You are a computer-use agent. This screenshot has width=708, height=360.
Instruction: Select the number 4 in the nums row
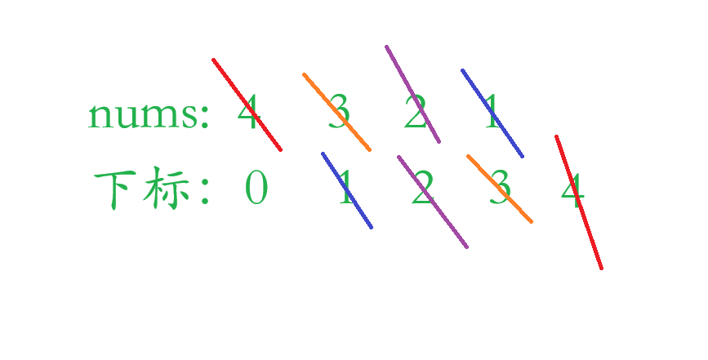pyautogui.click(x=247, y=115)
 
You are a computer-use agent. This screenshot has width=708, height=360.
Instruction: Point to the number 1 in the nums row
pyautogui.click(x=491, y=115)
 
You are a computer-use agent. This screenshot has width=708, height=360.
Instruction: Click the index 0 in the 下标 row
pyautogui.click(x=256, y=191)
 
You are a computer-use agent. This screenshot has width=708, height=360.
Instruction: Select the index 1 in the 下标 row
pyautogui.click(x=345, y=191)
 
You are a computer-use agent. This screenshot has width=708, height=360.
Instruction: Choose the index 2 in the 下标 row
pyautogui.click(x=421, y=191)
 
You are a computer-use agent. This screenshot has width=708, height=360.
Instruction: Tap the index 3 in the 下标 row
pyautogui.click(x=499, y=191)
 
